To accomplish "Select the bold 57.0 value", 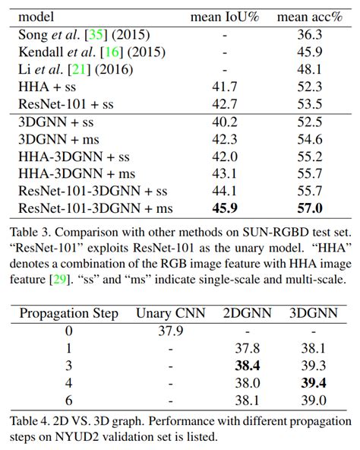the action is [310, 208].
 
